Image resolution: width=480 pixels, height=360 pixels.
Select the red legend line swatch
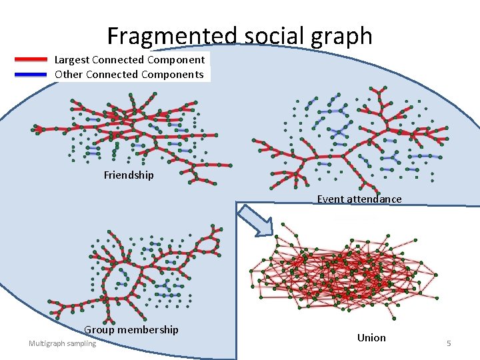tap(31, 59)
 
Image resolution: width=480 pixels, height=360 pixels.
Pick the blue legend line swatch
tap(31, 74)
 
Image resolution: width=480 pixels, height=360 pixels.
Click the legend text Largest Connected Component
tap(129, 59)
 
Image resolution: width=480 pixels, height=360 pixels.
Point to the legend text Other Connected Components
tap(129, 74)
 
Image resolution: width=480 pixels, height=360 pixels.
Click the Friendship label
tap(129, 175)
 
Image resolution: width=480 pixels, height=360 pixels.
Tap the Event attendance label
tap(359, 199)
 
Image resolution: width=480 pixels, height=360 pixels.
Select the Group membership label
tap(131, 329)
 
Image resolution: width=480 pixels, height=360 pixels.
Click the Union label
tap(371, 337)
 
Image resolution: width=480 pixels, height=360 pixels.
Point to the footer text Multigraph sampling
tap(62, 343)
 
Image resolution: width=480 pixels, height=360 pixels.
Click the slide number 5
tap(449, 343)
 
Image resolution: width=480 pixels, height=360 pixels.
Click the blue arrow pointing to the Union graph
tap(256, 220)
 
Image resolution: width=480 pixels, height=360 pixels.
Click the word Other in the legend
tap(68, 74)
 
